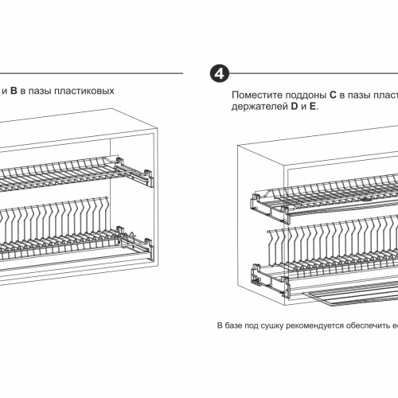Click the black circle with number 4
click(220, 73)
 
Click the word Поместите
click(257, 95)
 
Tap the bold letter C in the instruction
click(333, 95)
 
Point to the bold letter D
click(295, 107)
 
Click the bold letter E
click(313, 107)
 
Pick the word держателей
click(259, 107)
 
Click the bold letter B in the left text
click(14, 91)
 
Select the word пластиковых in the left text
click(84, 91)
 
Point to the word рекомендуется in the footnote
click(315, 326)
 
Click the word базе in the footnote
click(233, 326)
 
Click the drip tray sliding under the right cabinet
click(350, 295)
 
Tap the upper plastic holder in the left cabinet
click(134, 171)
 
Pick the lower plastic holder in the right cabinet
click(270, 280)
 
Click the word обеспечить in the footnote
click(369, 326)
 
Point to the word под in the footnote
click(252, 326)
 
